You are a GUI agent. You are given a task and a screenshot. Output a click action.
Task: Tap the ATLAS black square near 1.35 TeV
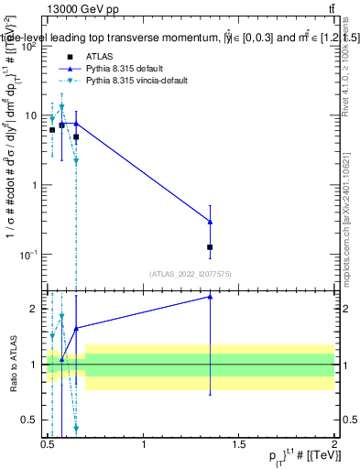click(211, 247)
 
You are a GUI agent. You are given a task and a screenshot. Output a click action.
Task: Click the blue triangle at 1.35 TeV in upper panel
click(211, 222)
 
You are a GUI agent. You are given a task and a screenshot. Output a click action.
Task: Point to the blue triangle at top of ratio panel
click(211, 297)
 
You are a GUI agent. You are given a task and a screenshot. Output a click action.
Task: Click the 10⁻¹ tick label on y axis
click(27, 255)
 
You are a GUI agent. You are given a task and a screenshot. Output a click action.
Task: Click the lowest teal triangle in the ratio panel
click(76, 428)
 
